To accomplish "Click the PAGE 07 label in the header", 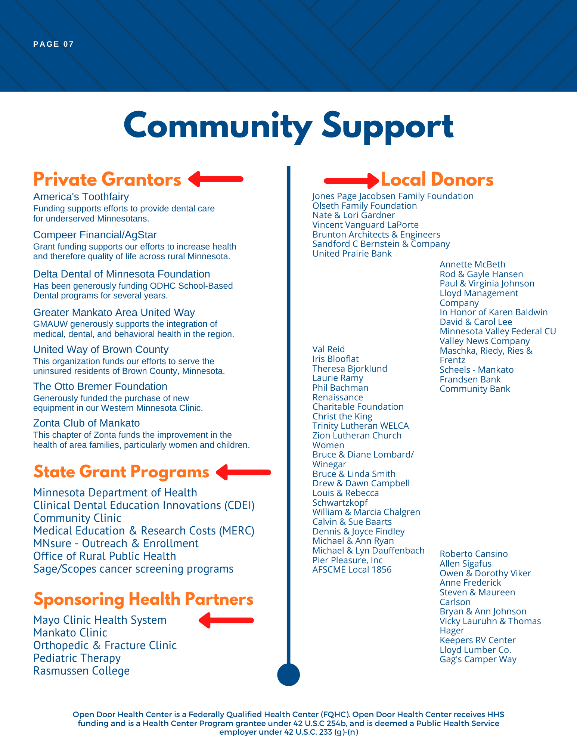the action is coord(53,44).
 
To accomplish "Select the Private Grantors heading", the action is coord(107,179).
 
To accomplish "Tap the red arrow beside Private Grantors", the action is coord(216,179).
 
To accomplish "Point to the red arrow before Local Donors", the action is coord(351,181).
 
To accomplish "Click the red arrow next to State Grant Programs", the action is coord(243,472).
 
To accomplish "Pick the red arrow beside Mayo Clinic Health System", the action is coord(226,620).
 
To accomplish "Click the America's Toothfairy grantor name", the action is coord(81,197).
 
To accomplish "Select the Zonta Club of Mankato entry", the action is coord(86,423).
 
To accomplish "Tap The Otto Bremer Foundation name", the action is coord(100,387).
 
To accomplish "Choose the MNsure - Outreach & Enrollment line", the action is coord(116,543).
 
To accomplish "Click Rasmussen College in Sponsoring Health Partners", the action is coord(81,671).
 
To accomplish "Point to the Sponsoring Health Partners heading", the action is coord(143,599).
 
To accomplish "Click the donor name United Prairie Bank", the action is coord(352,254).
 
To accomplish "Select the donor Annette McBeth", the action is coord(472,264).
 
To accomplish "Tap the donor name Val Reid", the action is coord(329,349).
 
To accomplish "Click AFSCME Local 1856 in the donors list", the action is coord(352,570).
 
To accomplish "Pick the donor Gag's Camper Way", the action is coord(478,659).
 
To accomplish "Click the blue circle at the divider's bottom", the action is coord(288,675).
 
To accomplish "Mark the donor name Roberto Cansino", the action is coord(474,554).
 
